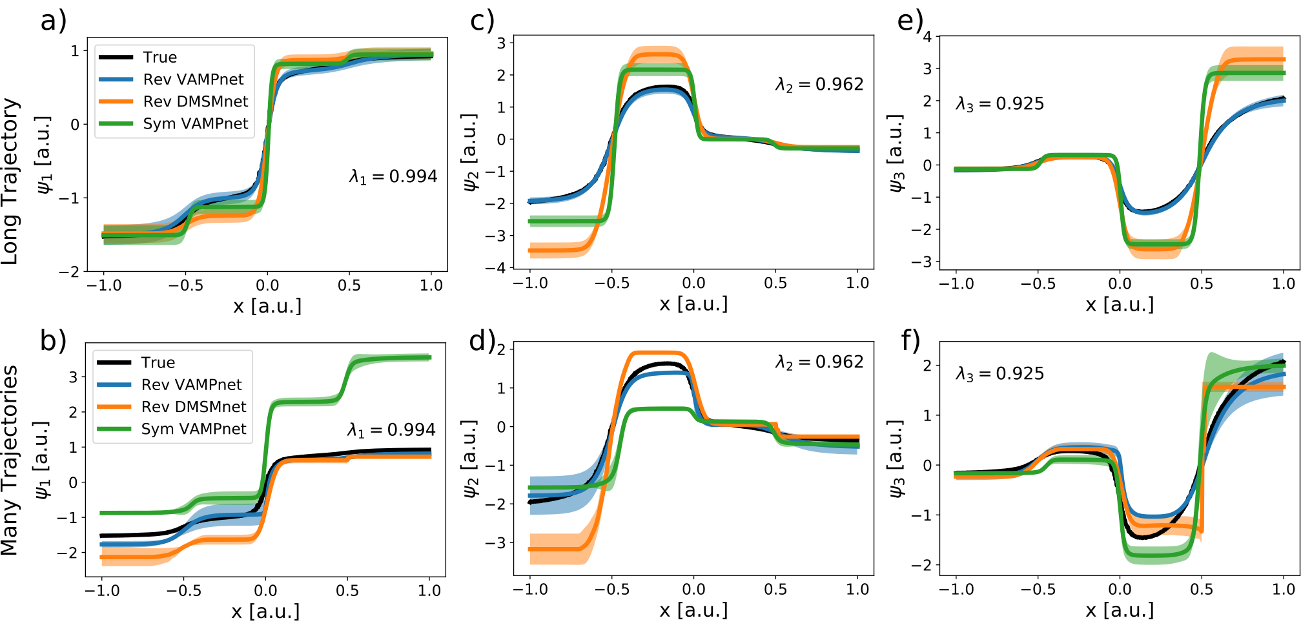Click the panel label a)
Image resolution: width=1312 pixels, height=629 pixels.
point(54,21)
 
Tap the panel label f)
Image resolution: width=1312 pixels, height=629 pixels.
point(910,340)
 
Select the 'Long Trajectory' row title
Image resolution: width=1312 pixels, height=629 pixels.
point(10,181)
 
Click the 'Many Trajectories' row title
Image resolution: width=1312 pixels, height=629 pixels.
point(10,460)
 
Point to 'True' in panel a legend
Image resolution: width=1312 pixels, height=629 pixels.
point(160,57)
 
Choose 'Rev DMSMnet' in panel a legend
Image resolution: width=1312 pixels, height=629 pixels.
point(196,101)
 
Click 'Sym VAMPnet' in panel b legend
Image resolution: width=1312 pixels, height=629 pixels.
point(194,429)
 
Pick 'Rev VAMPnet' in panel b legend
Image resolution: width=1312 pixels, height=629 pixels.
point(191,385)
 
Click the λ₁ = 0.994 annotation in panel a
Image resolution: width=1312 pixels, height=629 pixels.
point(393,176)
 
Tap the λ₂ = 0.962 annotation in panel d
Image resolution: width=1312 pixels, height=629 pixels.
point(819,362)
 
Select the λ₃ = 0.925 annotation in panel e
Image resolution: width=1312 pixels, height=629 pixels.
point(999,104)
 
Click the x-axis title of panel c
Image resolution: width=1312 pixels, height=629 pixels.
point(693,304)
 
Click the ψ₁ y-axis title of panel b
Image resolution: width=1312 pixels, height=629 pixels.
point(43,460)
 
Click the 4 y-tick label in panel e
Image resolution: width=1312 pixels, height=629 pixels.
point(927,37)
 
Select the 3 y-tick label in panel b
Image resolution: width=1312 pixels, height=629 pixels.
point(73,377)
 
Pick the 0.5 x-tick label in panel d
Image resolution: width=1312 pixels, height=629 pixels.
point(775,589)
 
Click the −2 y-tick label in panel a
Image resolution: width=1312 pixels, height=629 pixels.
point(69,273)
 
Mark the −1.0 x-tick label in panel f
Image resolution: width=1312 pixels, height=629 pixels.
point(956,589)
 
